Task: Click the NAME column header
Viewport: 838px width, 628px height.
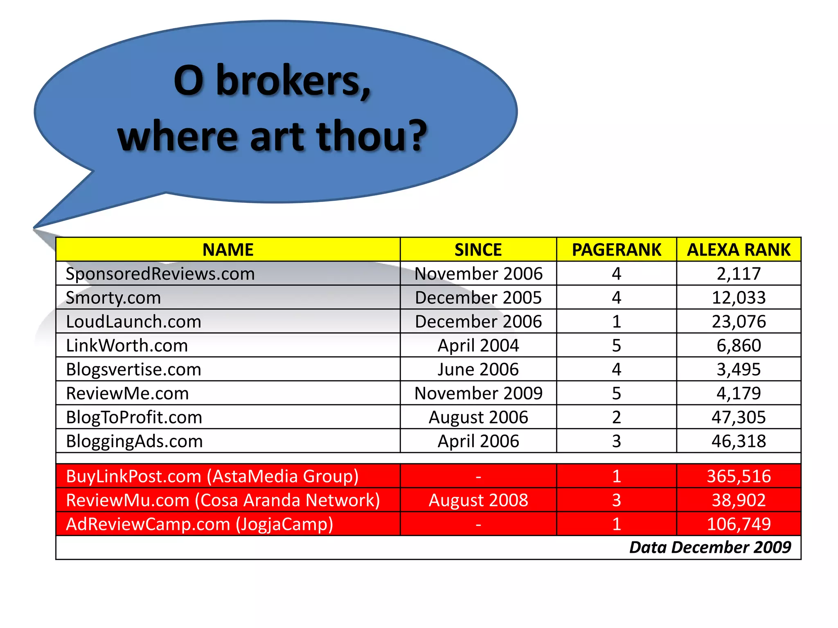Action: coord(228,250)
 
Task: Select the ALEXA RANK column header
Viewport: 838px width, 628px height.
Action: coord(739,250)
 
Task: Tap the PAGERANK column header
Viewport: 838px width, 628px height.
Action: coord(616,250)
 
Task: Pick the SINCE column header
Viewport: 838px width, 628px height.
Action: coord(478,250)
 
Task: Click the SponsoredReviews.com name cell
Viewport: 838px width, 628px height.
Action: coord(160,274)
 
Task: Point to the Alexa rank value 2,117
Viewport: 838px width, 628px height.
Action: coord(739,274)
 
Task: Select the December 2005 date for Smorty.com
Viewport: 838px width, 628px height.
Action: coord(478,298)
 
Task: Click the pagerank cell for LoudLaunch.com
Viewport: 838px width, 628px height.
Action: coord(616,321)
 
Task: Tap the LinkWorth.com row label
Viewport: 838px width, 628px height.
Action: coord(127,345)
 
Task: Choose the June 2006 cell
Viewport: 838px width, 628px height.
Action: coord(478,370)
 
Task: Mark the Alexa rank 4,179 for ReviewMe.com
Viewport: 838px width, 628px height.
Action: coord(739,393)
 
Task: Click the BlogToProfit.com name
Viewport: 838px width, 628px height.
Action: coord(134,417)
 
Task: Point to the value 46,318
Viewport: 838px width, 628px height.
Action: coord(739,441)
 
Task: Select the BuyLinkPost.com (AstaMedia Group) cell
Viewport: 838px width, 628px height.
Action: coord(212,476)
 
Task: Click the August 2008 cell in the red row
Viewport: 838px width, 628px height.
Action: coord(478,500)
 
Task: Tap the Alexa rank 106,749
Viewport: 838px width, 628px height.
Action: coord(739,524)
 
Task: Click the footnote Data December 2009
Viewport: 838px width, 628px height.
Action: coord(710,547)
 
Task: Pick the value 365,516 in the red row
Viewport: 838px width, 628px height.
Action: coord(739,476)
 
